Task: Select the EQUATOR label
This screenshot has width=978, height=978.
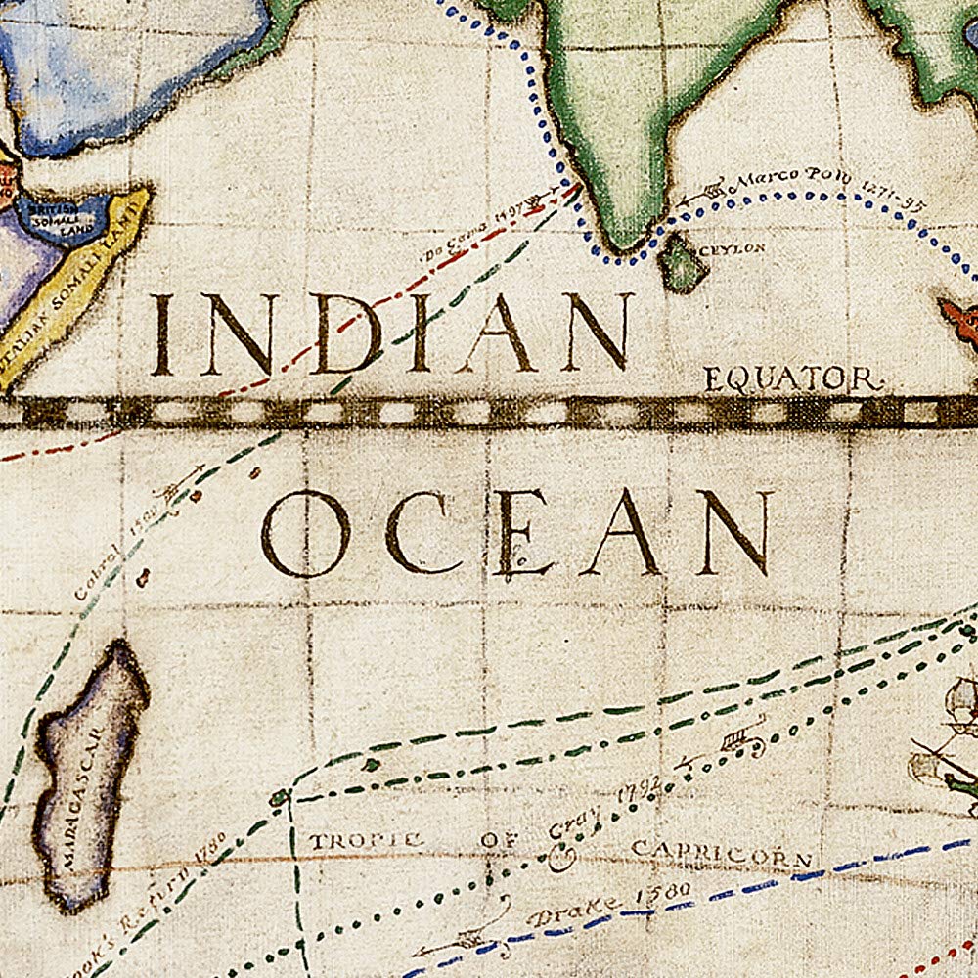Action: [792, 379]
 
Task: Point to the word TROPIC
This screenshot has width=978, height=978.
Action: [366, 840]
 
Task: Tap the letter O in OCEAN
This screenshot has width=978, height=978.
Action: [304, 534]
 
